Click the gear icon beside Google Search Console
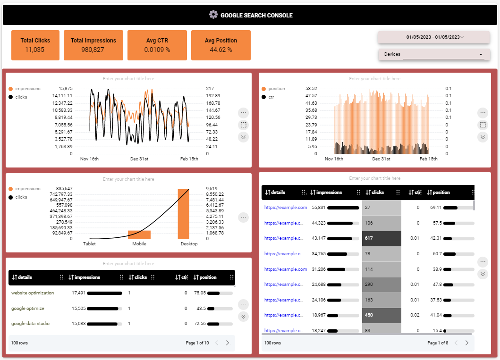click(213, 15)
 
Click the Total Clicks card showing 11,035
click(35, 45)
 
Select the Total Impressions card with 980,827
click(93, 45)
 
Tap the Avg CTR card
click(157, 45)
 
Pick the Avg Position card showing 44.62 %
click(220, 45)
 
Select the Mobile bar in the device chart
click(139, 234)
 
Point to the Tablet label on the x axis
click(89, 244)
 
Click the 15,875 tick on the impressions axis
click(65, 88)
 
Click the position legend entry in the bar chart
click(277, 89)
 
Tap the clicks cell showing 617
click(381, 238)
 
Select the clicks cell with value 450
click(381, 315)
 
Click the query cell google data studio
click(30, 324)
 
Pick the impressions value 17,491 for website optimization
click(78, 293)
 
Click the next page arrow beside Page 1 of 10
click(227, 343)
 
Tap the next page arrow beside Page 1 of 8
click(466, 343)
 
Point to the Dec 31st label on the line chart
click(139, 159)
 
